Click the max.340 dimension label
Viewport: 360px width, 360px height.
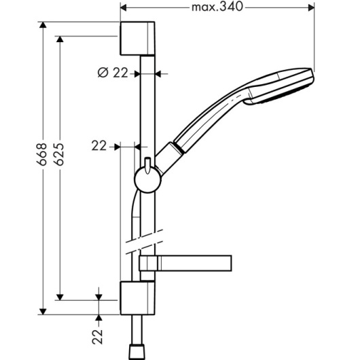click(x=217, y=7)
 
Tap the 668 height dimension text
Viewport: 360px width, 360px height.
click(x=42, y=154)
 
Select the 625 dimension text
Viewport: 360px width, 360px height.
click(x=60, y=154)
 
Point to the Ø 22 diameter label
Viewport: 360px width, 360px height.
click(x=113, y=73)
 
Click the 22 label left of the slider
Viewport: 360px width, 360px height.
click(x=99, y=146)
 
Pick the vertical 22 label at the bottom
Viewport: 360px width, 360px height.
click(x=97, y=337)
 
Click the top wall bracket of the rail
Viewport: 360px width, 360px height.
click(x=137, y=38)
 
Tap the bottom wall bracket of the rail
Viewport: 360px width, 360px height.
click(x=137, y=298)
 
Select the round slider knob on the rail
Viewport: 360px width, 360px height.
click(x=147, y=180)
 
